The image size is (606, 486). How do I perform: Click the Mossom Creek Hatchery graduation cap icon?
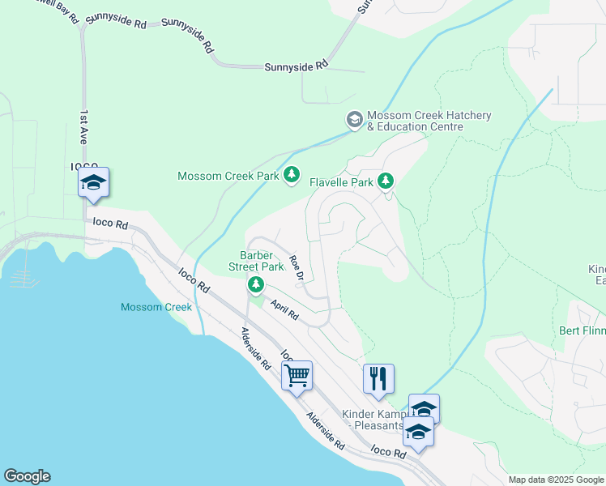354,120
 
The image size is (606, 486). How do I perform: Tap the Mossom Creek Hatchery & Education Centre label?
429,122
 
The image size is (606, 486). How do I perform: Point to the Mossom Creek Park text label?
228,176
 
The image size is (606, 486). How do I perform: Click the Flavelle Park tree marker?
387,181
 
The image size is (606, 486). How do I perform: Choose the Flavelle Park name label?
341,182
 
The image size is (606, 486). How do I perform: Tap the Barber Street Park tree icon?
256,283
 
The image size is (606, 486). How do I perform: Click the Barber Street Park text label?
262,260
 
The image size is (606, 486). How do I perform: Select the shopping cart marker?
297,376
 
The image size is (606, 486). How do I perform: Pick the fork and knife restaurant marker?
378,378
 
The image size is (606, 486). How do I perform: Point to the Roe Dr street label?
297,269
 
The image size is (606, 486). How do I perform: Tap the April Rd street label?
284,309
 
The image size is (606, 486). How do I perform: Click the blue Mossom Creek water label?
156,307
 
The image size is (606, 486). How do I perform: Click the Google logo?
27,476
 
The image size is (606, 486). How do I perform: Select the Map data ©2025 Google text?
556,480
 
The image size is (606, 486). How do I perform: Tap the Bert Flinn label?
582,330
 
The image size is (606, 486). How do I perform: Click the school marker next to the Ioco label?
93,183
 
